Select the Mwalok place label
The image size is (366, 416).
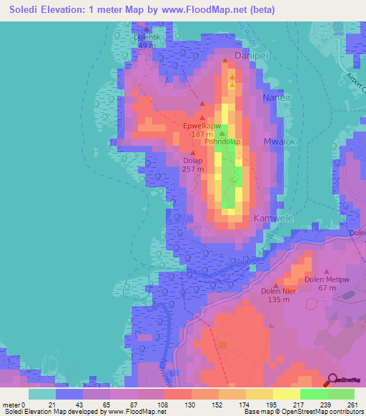click(280, 142)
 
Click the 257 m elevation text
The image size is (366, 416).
click(193, 169)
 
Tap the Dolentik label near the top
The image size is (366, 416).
click(148, 37)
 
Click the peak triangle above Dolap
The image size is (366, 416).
click(193, 153)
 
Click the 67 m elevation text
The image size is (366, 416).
click(327, 287)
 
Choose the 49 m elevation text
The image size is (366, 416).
click(147, 45)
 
